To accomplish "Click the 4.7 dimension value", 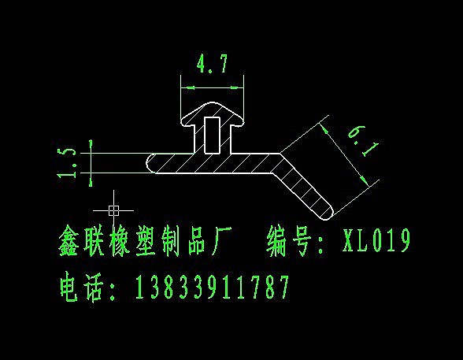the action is pos(213,64).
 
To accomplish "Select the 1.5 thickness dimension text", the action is pos(67,163).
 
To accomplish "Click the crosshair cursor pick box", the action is pos(113,210).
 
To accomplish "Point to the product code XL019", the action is pos(376,240).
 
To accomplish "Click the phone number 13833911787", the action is pos(212,287).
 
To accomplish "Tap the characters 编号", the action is pos(289,241).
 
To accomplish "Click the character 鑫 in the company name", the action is pos(69,241).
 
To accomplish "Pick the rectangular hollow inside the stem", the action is pos(212,135).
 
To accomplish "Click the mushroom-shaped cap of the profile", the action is pos(213,114).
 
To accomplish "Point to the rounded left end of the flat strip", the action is pos(151,163).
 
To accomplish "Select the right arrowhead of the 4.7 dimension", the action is pos(237,87).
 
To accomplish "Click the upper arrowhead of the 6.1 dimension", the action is pos(324,130).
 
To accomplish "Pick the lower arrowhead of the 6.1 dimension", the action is pos(365,180).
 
